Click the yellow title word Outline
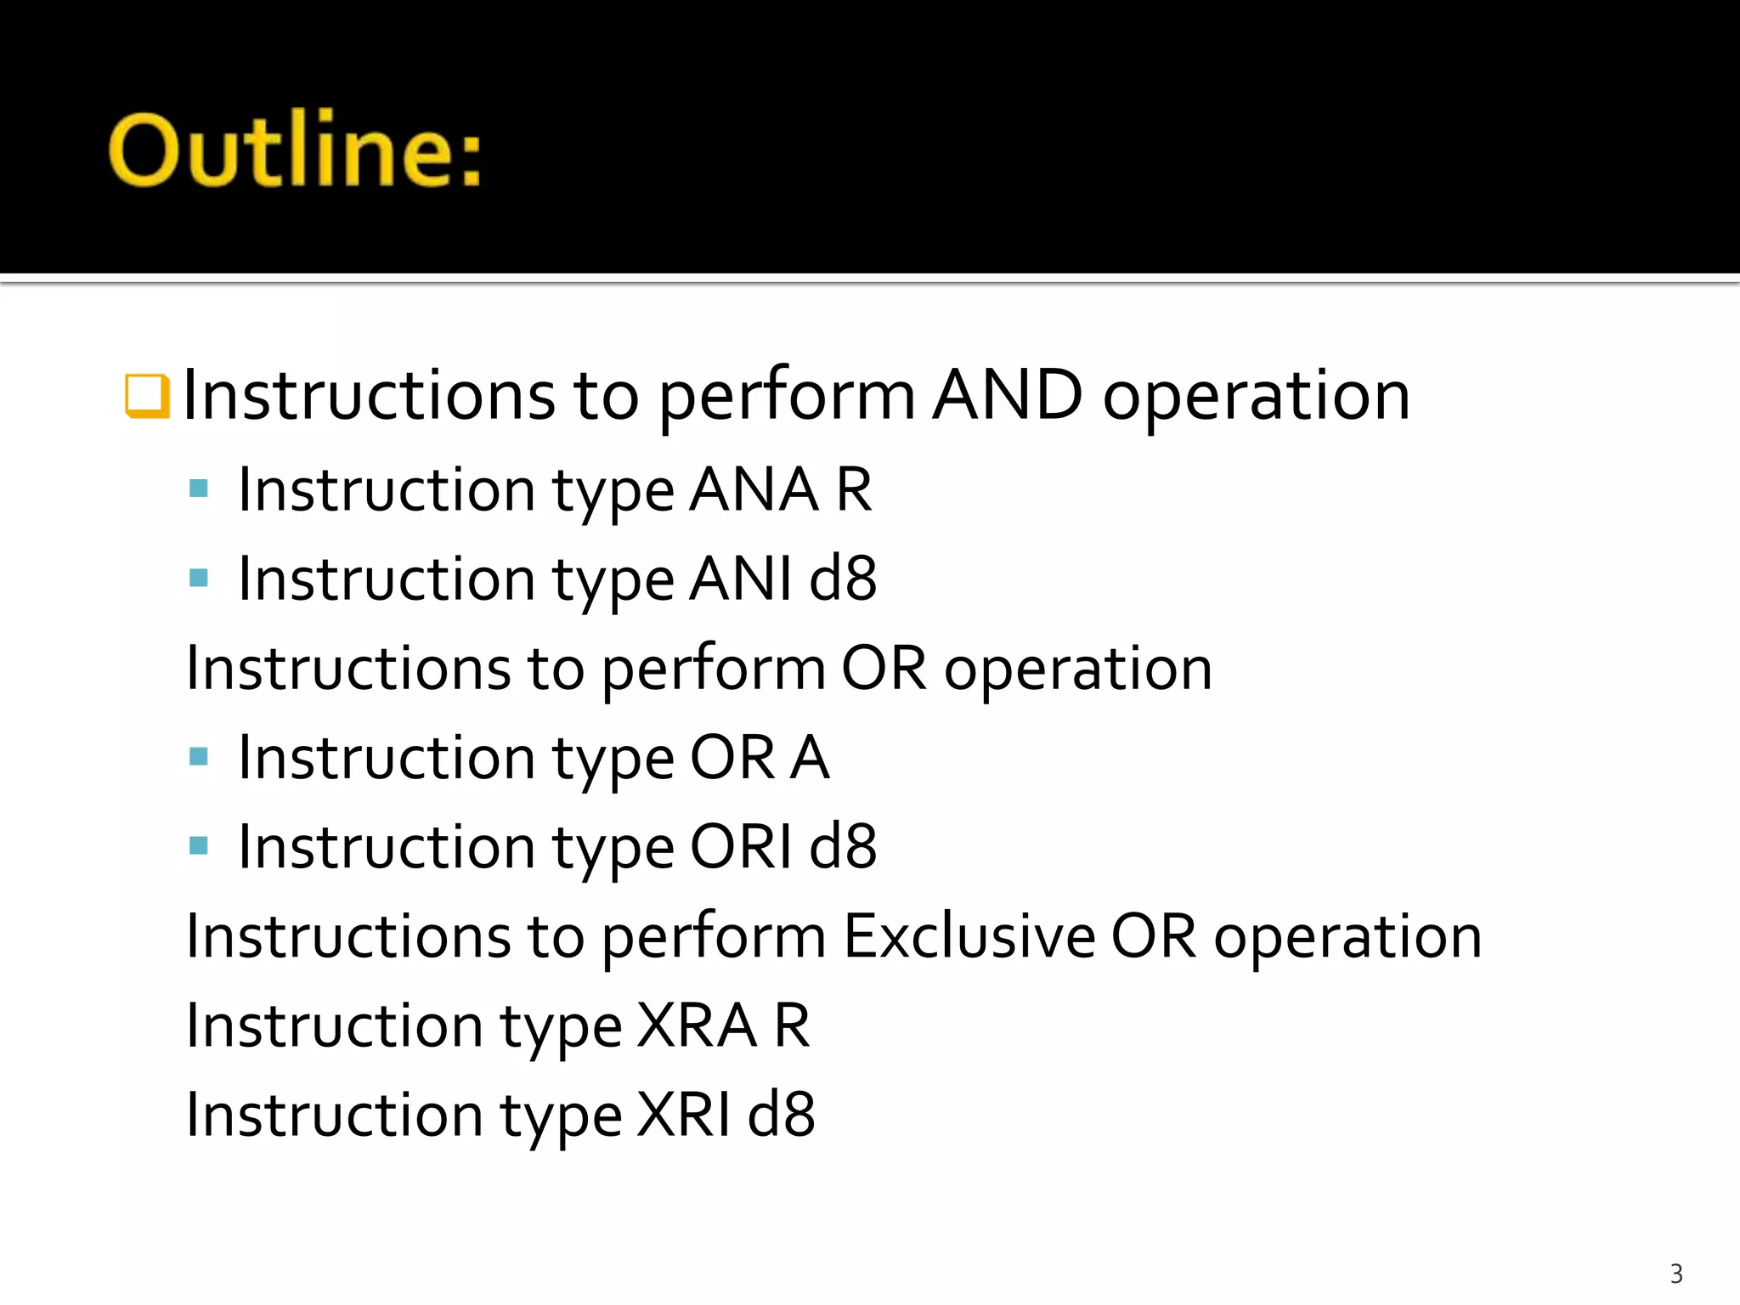point(294,151)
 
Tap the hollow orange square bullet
point(147,396)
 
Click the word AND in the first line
point(1008,396)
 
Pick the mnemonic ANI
point(740,579)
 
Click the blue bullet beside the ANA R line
point(199,489)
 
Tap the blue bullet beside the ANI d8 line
point(199,579)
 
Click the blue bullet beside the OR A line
point(199,756)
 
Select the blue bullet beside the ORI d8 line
point(199,845)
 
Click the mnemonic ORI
point(740,847)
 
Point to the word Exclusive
point(969,936)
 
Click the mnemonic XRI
point(683,1115)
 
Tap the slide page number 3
point(1676,1274)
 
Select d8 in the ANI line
point(843,579)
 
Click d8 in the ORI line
point(843,847)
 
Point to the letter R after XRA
point(792,1025)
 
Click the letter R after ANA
point(854,490)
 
